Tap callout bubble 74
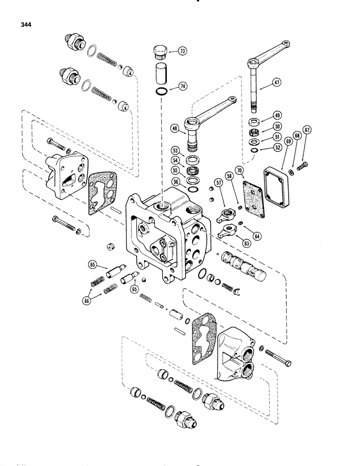pyautogui.click(x=182, y=86)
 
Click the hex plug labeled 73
pyautogui.click(x=160, y=51)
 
